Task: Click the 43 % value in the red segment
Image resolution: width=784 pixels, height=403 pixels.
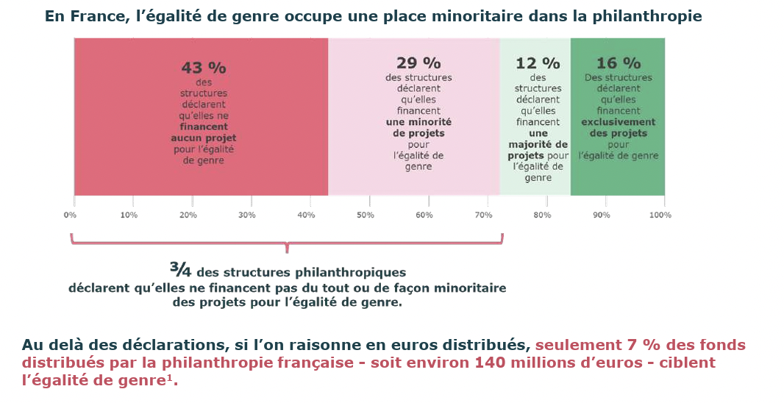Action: click(204, 68)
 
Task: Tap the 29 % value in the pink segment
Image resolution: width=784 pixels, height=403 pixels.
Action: click(418, 63)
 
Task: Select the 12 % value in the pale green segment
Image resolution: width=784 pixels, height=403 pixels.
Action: click(538, 63)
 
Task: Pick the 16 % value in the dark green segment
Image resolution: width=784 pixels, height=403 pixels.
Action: click(619, 63)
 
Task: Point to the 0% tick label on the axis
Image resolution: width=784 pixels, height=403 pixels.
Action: click(70, 215)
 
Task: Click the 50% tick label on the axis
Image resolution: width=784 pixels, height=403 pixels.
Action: click(366, 215)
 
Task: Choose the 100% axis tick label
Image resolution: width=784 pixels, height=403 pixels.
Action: click(660, 215)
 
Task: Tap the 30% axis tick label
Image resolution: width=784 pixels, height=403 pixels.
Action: click(247, 215)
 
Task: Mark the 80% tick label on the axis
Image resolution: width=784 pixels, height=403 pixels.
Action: click(542, 215)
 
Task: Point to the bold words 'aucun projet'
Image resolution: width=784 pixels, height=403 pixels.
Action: click(204, 138)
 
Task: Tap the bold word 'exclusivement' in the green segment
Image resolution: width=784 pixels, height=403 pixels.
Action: click(619, 122)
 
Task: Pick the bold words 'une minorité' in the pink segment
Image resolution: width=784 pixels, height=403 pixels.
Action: click(418, 122)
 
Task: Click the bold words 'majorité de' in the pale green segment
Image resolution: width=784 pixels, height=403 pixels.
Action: click(538, 144)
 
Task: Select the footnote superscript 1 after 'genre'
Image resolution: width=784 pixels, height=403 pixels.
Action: click(174, 378)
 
